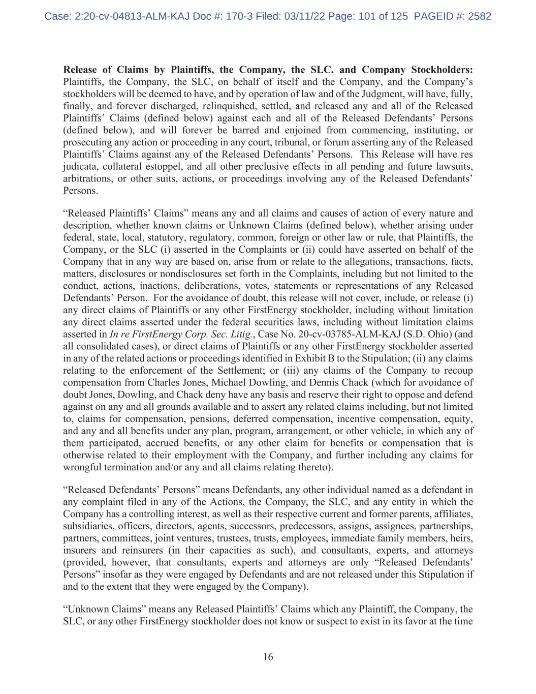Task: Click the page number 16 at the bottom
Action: tap(268, 657)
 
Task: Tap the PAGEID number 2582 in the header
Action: tap(479, 16)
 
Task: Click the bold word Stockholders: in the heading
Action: tap(442, 70)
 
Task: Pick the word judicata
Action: tap(77, 167)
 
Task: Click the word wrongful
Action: tap(82, 467)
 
